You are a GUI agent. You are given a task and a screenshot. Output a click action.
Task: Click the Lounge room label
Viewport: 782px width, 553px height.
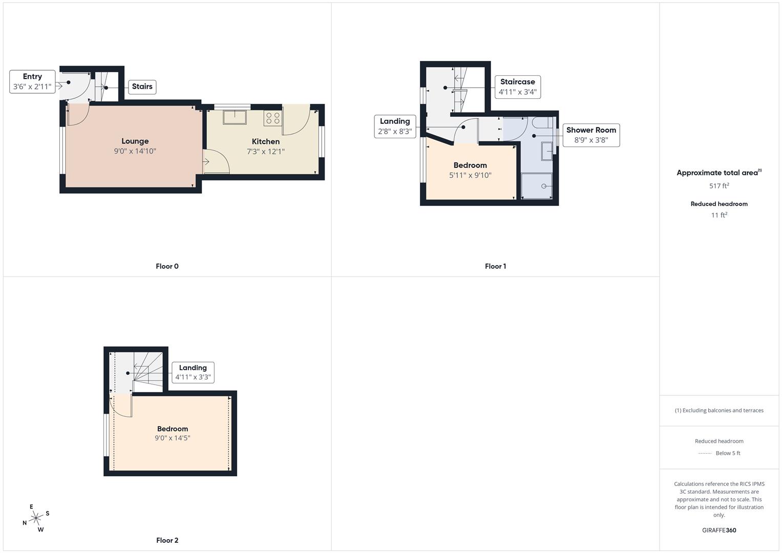click(x=135, y=141)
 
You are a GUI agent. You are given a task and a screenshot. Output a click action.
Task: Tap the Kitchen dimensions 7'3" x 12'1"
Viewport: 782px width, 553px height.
click(x=265, y=152)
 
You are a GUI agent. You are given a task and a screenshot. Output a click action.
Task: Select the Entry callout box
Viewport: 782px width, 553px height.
click(x=32, y=81)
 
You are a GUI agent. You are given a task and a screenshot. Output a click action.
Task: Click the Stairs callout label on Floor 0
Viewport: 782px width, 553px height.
click(x=142, y=87)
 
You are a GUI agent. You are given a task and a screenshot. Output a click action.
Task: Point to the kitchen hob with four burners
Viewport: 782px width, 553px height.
click(x=272, y=118)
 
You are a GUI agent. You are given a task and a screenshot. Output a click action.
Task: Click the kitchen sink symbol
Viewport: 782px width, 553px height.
click(x=235, y=117)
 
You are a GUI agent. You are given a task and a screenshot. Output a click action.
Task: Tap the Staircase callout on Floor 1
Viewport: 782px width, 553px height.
click(x=517, y=87)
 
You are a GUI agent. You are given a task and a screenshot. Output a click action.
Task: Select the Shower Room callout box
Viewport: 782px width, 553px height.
click(x=591, y=135)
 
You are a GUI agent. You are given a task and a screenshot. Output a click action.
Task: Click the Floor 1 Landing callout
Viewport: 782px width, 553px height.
click(x=394, y=126)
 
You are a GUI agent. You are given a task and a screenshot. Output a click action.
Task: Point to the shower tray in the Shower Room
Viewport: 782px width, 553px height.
click(x=537, y=186)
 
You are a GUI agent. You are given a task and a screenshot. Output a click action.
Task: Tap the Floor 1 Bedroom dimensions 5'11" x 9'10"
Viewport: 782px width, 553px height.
click(x=470, y=175)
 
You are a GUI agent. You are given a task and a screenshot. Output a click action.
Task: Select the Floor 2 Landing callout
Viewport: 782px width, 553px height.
click(x=193, y=372)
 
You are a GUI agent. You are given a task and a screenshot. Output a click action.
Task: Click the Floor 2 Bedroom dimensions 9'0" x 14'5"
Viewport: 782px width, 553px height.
click(x=172, y=438)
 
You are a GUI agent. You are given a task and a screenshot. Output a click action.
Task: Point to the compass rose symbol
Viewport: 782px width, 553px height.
click(x=36, y=518)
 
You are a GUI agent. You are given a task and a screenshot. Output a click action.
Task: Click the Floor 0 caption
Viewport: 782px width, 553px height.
click(x=167, y=266)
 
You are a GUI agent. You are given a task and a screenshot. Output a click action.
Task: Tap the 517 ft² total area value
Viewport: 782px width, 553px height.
click(x=719, y=186)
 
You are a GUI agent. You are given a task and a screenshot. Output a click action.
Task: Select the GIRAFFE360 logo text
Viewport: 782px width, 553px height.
click(x=719, y=530)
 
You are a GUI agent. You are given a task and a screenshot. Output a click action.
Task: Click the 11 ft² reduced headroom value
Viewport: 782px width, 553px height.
click(x=719, y=215)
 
